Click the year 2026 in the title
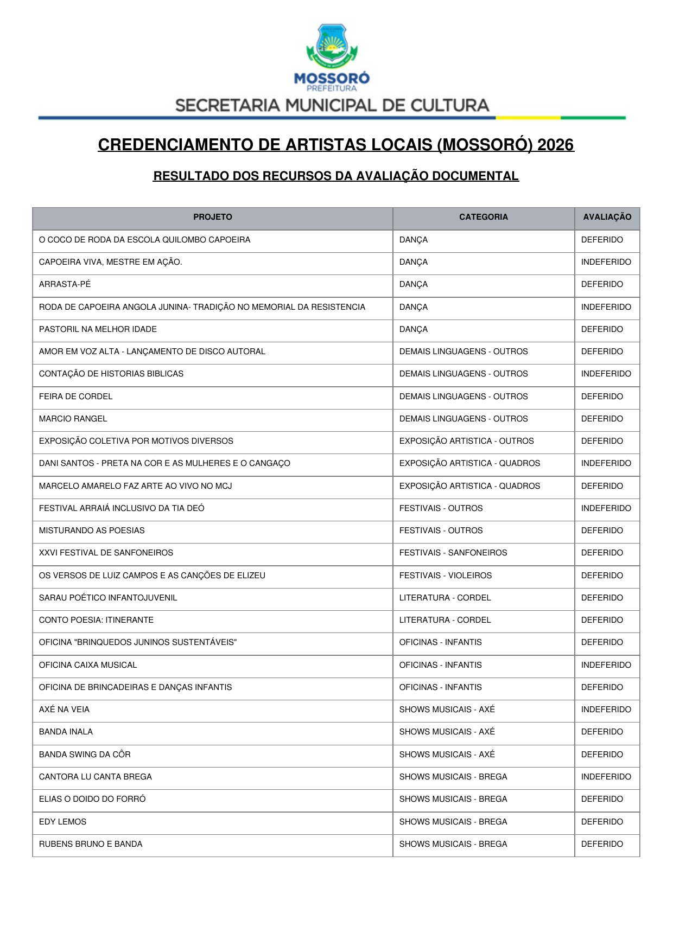pyautogui.click(x=555, y=145)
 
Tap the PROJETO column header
pyautogui.click(x=212, y=217)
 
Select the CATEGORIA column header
pyautogui.click(x=483, y=217)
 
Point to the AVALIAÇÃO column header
pyautogui.click(x=607, y=217)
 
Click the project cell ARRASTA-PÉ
pyautogui.click(x=65, y=284)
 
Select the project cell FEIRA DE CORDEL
pyautogui.click(x=76, y=397)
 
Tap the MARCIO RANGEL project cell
pyautogui.click(x=73, y=419)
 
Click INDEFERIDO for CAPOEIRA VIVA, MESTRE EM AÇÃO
pyautogui.click(x=606, y=262)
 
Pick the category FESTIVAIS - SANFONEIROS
pyautogui.click(x=453, y=553)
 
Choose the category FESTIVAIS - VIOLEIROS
pyautogui.click(x=446, y=576)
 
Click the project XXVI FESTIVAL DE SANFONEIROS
pyautogui.click(x=106, y=553)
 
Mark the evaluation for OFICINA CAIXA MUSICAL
pyautogui.click(x=606, y=665)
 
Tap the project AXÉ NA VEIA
pyautogui.click(x=65, y=710)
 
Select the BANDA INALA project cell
pyautogui.click(x=66, y=732)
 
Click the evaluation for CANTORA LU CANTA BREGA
pyautogui.click(x=606, y=777)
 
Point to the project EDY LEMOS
pyautogui.click(x=62, y=822)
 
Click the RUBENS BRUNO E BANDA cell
pyautogui.click(x=91, y=844)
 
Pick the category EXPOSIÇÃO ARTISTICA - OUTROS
pyautogui.click(x=466, y=441)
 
